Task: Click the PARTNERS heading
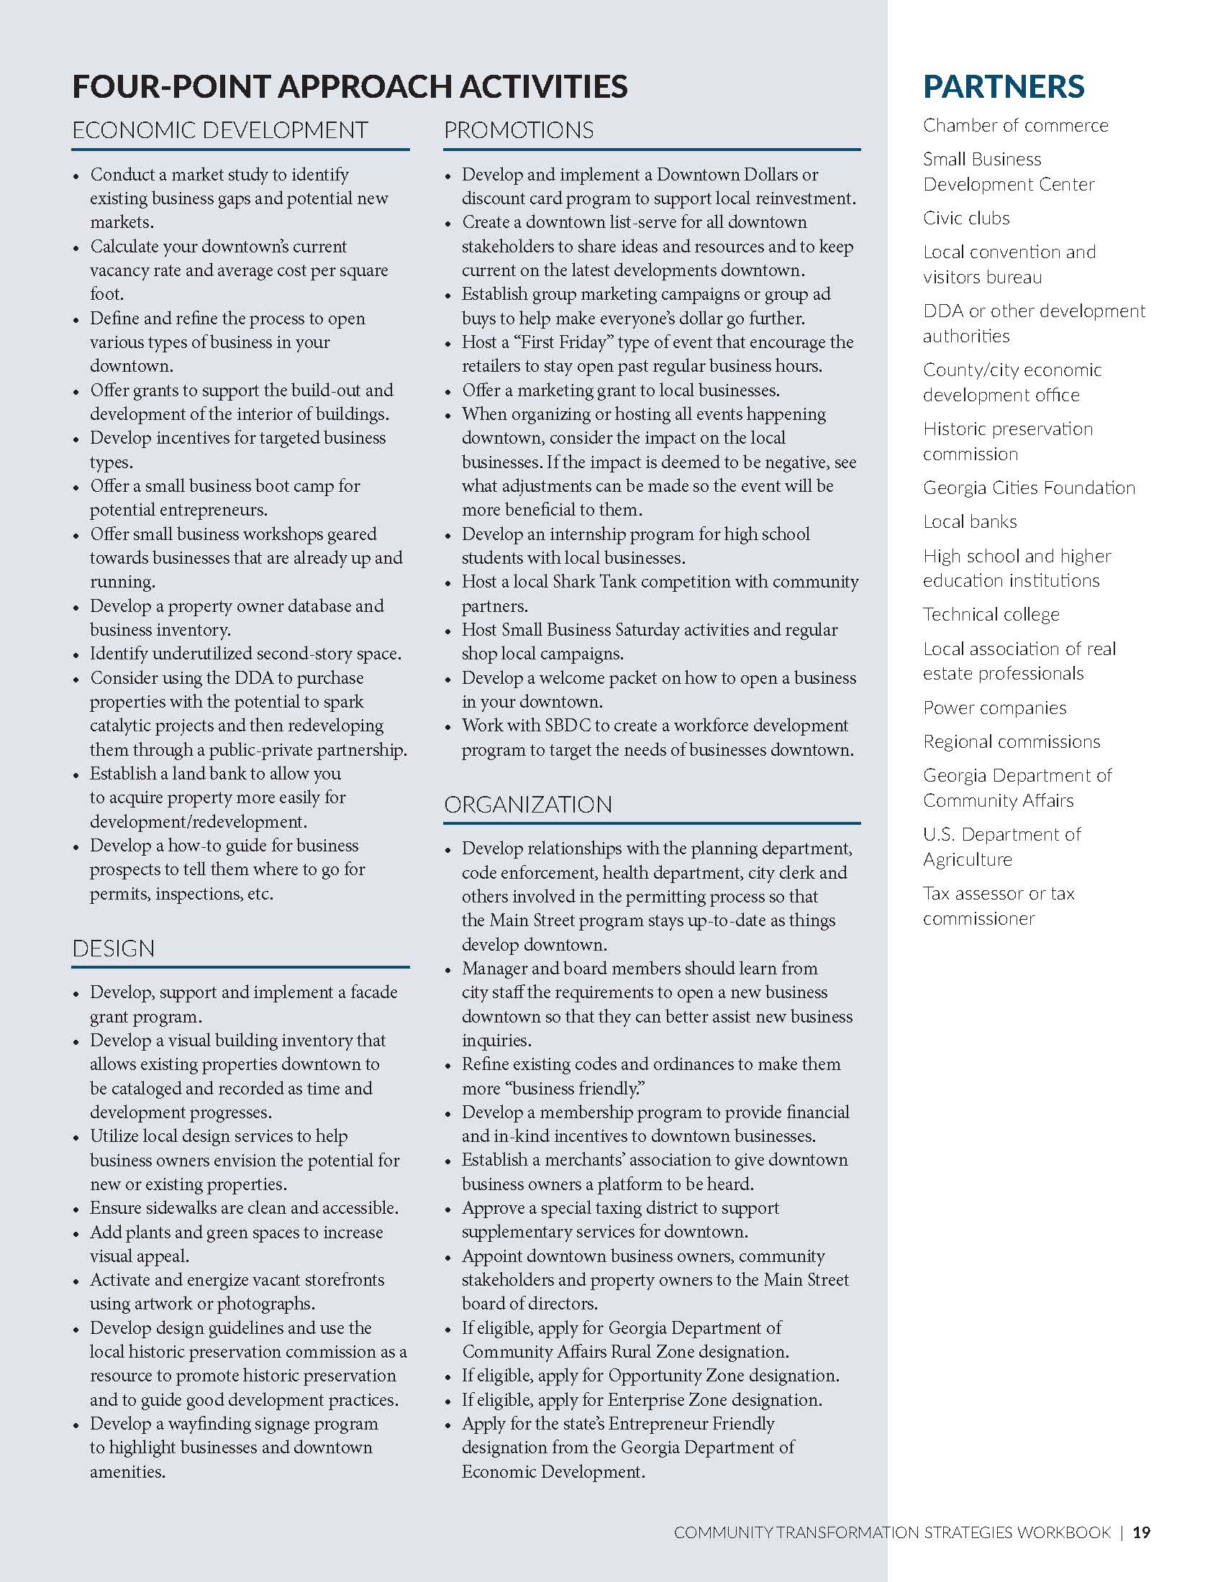tap(1004, 86)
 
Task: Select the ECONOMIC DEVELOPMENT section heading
tap(219, 130)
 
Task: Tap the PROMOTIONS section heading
tap(519, 130)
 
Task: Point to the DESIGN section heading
tap(113, 948)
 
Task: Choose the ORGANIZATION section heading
tap(527, 804)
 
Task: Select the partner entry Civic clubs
tap(965, 218)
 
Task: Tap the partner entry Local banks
tap(970, 521)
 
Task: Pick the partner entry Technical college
tap(991, 614)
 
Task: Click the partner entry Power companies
tap(994, 708)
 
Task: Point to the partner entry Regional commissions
tap(1011, 742)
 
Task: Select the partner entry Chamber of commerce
tap(1015, 125)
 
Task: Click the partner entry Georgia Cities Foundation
tap(1028, 488)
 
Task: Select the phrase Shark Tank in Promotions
tap(599, 582)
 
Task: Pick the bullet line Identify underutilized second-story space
tap(245, 654)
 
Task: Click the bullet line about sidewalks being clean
tap(244, 1207)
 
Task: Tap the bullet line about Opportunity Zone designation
tap(650, 1375)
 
